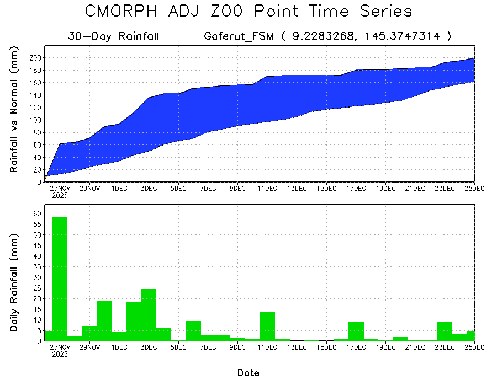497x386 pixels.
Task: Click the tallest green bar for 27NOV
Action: click(x=60, y=278)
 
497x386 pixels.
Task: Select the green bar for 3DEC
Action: click(x=149, y=315)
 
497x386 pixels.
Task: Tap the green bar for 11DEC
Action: click(x=267, y=326)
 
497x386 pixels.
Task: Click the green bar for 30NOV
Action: click(x=104, y=320)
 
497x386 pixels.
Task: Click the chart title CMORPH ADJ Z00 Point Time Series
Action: click(x=248, y=12)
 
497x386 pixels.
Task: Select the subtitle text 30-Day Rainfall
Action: click(x=114, y=36)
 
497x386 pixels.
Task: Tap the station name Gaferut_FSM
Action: click(x=239, y=36)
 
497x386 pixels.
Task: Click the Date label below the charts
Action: click(x=248, y=373)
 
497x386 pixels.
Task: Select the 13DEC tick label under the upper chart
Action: click(x=297, y=189)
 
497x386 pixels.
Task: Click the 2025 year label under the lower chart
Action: click(x=60, y=355)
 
